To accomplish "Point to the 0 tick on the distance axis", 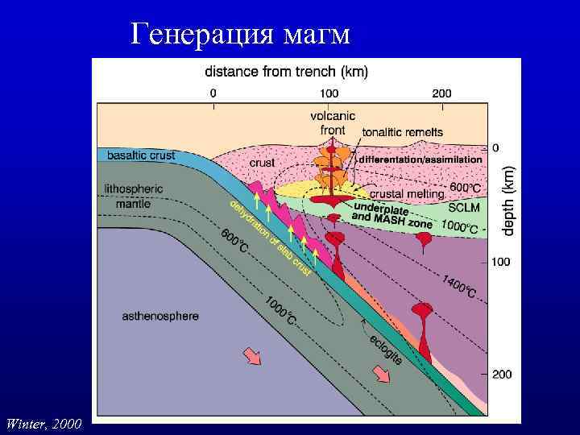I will (x=213, y=93).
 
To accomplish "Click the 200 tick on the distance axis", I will (x=441, y=93).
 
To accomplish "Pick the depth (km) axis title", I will (x=507, y=201).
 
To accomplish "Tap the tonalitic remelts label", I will (x=402, y=132).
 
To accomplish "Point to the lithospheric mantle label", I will (x=134, y=196).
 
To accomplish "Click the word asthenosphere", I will (x=160, y=317).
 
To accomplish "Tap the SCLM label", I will (x=465, y=208).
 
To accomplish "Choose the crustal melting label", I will (x=407, y=194).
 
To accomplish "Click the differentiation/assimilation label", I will (x=420, y=159).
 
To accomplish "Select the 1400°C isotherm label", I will (x=459, y=285).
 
